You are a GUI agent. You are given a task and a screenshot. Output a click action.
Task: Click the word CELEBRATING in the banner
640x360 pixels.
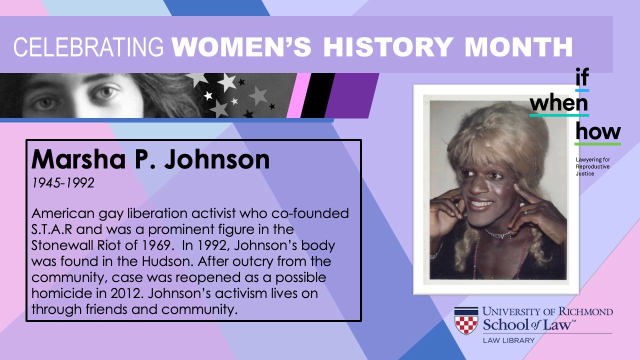[x=88, y=47]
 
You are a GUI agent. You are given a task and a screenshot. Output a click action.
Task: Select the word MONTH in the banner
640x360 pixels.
[x=518, y=47]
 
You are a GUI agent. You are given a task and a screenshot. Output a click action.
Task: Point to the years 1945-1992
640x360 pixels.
[x=63, y=183]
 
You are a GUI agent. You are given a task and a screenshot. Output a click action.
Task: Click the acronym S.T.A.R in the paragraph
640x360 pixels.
[x=51, y=229]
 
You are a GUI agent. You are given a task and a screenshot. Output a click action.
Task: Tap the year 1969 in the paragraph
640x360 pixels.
[x=156, y=245]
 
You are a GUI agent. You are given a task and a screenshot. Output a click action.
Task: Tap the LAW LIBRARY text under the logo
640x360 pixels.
[x=508, y=340]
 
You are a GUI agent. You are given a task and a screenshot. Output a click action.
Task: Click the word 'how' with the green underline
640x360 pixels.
[x=597, y=131]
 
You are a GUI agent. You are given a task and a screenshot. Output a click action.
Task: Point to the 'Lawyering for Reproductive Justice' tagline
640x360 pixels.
[x=592, y=166]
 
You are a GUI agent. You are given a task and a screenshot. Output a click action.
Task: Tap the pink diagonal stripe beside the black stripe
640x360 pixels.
[x=298, y=95]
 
